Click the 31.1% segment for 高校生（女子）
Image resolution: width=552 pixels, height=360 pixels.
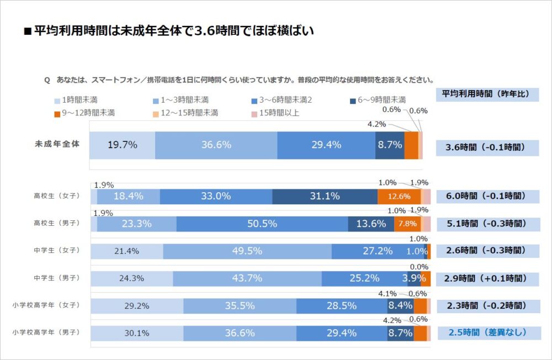(x=325, y=196)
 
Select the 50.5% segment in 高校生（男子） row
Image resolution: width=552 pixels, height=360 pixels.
(x=262, y=224)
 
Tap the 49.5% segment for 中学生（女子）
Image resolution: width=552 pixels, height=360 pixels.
(x=247, y=251)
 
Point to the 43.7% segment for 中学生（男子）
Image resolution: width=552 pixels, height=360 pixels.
(x=247, y=278)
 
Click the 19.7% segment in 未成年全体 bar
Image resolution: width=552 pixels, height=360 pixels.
(x=122, y=145)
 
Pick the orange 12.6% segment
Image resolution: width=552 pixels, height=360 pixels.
(x=399, y=196)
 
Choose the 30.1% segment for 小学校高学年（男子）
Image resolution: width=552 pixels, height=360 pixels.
(x=136, y=333)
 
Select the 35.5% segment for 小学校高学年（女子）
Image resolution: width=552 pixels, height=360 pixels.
(x=240, y=305)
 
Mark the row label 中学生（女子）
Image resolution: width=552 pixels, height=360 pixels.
(x=57, y=250)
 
